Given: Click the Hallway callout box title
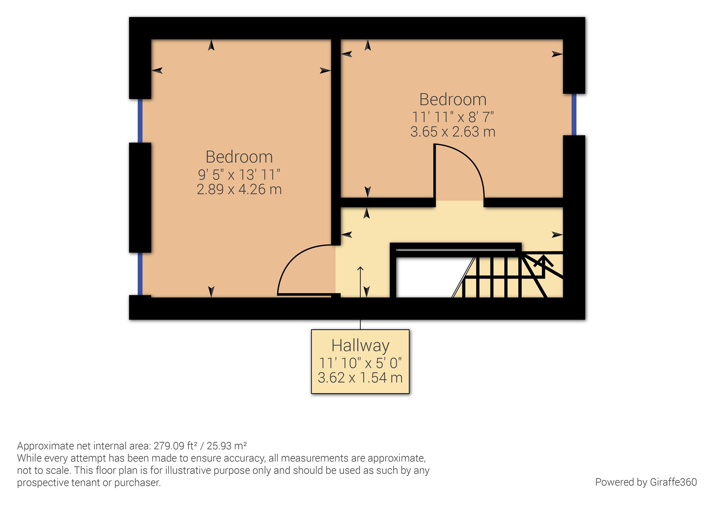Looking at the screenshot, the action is pos(360,345).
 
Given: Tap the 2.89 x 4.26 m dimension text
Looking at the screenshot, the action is pos(239,189).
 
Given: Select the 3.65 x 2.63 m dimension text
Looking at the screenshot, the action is pos(453,132).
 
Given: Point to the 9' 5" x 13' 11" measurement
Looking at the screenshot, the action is pos(239,175).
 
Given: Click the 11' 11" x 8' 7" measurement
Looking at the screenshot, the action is pos(453,117).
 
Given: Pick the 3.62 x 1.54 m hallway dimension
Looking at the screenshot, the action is pos(360,377).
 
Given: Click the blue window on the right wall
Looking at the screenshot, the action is pos(574,115).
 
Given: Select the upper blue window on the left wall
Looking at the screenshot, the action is pos(140,120).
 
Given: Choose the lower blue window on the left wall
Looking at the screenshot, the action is pos(140,274).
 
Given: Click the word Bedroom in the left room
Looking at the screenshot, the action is pos(239,157).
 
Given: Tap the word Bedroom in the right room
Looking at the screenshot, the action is pos(453,99).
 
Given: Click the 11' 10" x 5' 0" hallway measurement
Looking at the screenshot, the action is pos(360,363).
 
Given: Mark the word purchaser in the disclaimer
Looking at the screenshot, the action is pos(137,483).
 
